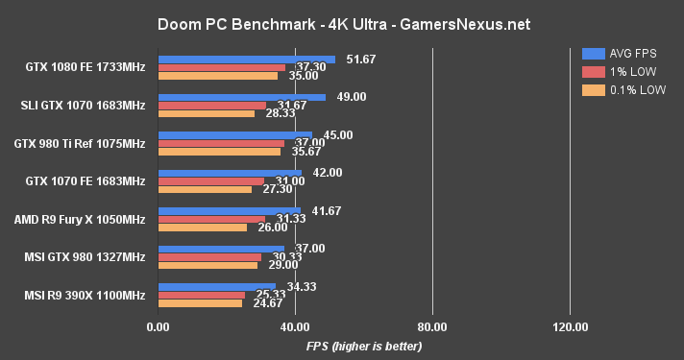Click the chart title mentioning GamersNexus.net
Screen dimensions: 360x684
(x=342, y=21)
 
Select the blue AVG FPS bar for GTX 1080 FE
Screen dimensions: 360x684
(x=246, y=60)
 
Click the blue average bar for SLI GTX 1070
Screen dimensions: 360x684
(x=241, y=97)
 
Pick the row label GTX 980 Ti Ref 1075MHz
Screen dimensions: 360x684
(x=80, y=144)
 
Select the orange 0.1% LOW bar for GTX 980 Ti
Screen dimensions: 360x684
(x=219, y=151)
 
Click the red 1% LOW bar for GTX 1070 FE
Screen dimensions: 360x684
(x=210, y=180)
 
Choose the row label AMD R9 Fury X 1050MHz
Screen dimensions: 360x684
(x=80, y=219)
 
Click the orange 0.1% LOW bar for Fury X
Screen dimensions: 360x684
(x=202, y=227)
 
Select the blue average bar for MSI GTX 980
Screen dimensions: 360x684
(x=221, y=248)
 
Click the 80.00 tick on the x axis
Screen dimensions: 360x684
(x=432, y=326)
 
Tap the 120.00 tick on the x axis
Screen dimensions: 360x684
(x=570, y=326)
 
